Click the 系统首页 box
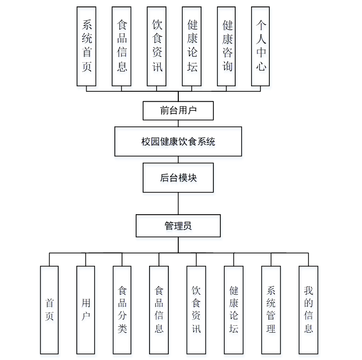pos(87,46)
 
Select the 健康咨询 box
pos(227,46)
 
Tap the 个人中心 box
pos(261,46)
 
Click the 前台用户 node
pos(178,111)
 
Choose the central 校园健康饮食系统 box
pos(178,141)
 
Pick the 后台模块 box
pos(178,178)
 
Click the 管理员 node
pos(178,226)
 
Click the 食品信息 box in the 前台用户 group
pos(122,46)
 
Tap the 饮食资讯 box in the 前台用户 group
pos(157,46)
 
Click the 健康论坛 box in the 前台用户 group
pos(192,46)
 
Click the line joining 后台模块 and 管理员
pos(178,203)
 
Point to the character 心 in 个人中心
pos(261,66)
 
